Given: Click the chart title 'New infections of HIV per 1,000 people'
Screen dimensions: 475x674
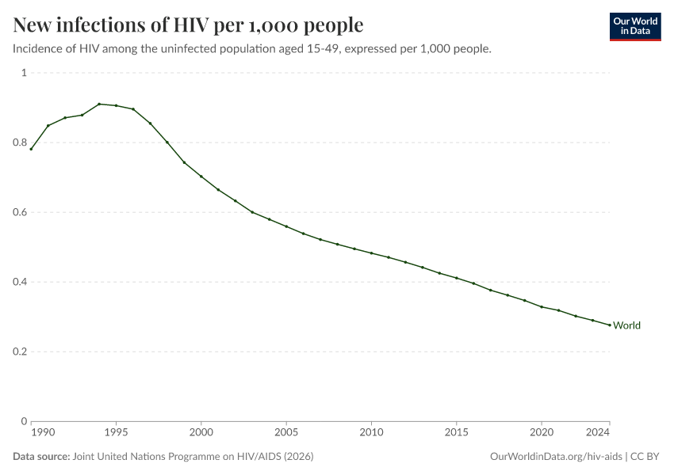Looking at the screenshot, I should pyautogui.click(x=188, y=25).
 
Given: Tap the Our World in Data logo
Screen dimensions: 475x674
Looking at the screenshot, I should pyautogui.click(x=634, y=26).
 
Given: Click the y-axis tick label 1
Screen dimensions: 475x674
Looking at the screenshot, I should pyautogui.click(x=24, y=73).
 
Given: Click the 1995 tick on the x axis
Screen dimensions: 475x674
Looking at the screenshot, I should pyautogui.click(x=116, y=433).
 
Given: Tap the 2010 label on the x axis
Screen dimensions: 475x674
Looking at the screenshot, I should pyautogui.click(x=371, y=433).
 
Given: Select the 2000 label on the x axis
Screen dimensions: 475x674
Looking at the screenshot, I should pyautogui.click(x=201, y=433).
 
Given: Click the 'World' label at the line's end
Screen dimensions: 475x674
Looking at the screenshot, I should pyautogui.click(x=626, y=325).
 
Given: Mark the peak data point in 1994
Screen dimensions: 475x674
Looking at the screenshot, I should pyautogui.click(x=99, y=104).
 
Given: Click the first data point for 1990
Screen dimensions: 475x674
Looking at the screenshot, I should pyautogui.click(x=31, y=149).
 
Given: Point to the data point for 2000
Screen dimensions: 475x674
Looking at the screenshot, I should pyautogui.click(x=201, y=176).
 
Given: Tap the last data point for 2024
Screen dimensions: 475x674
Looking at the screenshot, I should pyautogui.click(x=609, y=325).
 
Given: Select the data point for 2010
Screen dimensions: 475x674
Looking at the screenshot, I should pyautogui.click(x=371, y=253).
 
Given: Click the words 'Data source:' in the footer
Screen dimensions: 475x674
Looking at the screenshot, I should pyautogui.click(x=41, y=457).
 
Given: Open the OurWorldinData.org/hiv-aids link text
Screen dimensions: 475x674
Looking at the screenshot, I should pyautogui.click(x=555, y=457).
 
